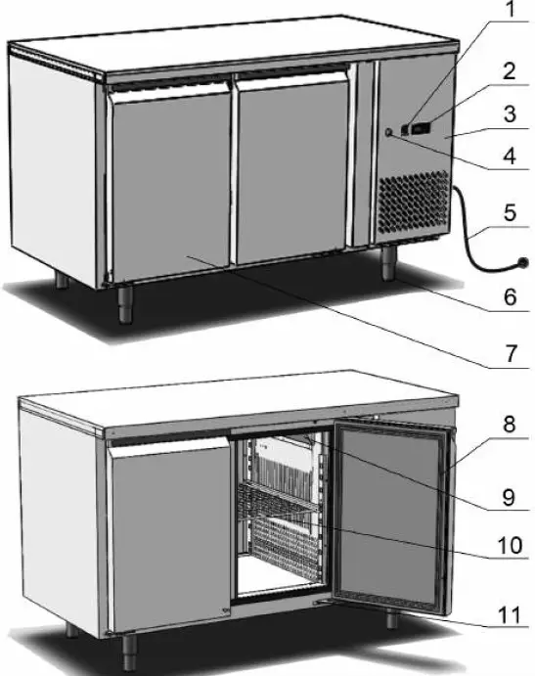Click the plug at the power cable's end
[523, 262]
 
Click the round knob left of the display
[389, 134]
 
